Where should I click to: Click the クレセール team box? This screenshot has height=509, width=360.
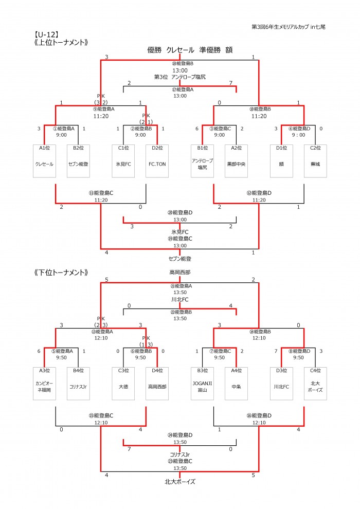[44, 161]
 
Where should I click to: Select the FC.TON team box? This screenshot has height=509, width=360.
[157, 161]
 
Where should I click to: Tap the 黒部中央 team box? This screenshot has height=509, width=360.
[237, 161]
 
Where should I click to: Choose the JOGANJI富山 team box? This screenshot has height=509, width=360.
[202, 384]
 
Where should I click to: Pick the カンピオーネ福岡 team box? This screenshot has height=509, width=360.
[44, 384]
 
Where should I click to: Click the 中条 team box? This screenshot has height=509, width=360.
[237, 384]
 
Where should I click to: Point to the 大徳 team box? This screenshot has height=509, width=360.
[123, 384]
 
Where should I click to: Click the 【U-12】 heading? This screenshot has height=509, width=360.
[46, 35]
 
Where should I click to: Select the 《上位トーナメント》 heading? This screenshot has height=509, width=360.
[61, 43]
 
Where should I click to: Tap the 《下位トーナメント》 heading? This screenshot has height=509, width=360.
[61, 272]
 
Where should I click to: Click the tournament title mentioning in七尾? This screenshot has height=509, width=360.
[289, 27]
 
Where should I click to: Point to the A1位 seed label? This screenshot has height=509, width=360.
[44, 148]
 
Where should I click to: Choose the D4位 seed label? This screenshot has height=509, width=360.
[157, 370]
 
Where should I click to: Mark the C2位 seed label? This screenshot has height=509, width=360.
[315, 148]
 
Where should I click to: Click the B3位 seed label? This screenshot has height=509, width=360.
[202, 370]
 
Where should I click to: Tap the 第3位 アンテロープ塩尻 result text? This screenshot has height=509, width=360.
[180, 77]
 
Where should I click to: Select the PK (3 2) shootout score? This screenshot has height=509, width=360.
[101, 99]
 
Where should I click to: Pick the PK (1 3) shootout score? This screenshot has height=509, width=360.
[146, 341]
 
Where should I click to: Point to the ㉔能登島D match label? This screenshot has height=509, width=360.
[180, 435]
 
